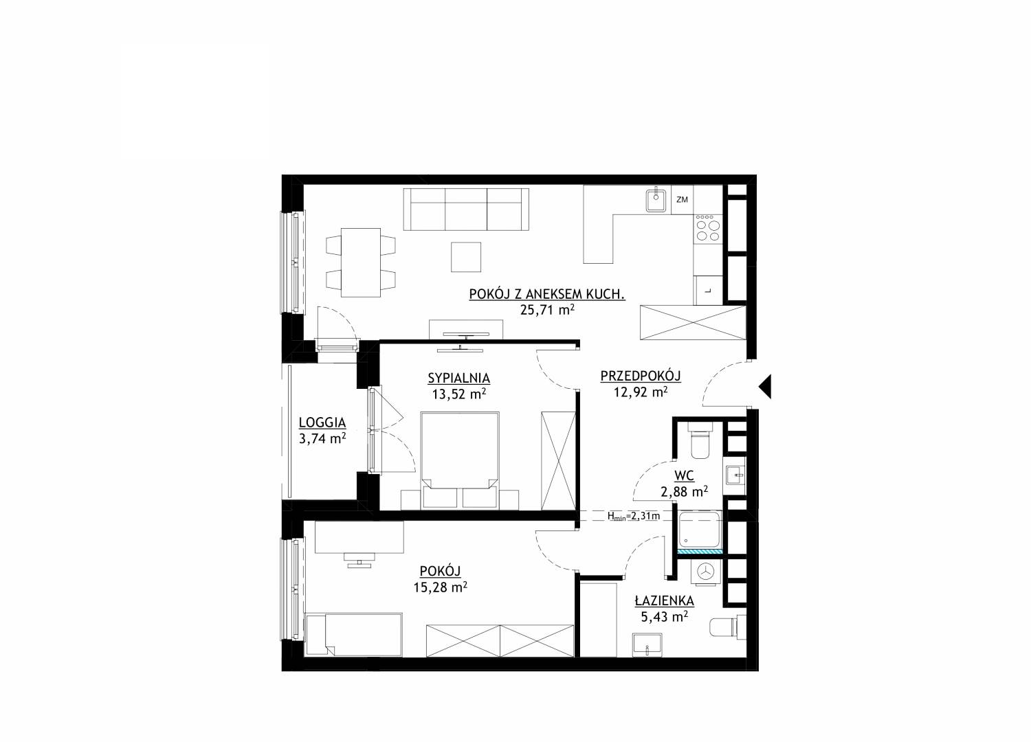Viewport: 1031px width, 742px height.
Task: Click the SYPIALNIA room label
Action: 458,378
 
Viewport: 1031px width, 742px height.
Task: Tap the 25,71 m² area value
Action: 547,310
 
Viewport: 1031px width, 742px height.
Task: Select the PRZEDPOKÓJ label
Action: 640,376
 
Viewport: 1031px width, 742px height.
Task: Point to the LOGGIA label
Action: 322,423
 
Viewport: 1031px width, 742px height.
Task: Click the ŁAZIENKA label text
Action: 664,600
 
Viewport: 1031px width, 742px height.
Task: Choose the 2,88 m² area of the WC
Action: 685,492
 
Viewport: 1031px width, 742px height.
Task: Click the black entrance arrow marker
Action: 765,385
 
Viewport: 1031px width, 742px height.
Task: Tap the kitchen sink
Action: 656,199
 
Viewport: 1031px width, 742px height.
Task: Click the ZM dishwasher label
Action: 682,200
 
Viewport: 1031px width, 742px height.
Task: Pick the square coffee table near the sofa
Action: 466,257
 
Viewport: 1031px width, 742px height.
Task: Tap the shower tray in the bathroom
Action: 699,531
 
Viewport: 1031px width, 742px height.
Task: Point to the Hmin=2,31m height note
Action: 633,516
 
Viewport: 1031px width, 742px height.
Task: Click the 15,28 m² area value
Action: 441,587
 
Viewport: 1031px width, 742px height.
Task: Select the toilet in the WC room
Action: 700,441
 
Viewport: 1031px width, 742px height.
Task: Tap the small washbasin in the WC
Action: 735,475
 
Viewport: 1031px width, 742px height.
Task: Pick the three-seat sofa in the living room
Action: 466,210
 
